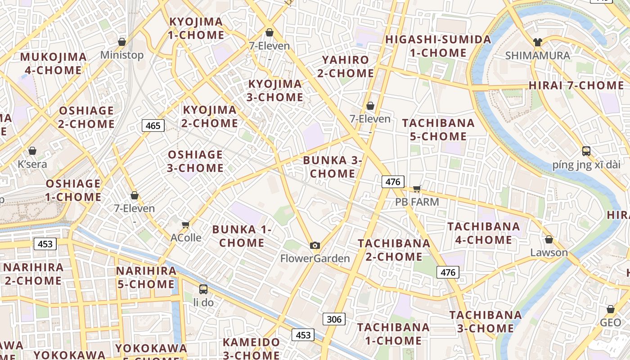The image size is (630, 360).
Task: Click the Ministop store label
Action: (x=122, y=55)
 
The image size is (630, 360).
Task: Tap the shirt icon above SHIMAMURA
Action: (x=537, y=42)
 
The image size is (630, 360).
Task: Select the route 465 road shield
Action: (x=153, y=126)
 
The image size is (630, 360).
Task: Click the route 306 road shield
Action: (x=333, y=319)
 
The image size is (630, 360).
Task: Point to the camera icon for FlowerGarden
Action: (x=315, y=245)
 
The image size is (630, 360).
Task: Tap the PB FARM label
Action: (x=417, y=202)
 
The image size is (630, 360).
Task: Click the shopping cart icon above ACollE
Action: (x=185, y=225)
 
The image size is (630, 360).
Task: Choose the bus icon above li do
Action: (x=203, y=289)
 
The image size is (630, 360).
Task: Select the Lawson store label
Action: (x=549, y=252)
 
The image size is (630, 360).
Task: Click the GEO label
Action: (x=610, y=322)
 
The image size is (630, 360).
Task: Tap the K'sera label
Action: (x=32, y=164)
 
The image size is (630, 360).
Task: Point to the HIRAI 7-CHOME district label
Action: (x=576, y=85)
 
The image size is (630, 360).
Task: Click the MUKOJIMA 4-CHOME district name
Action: (x=53, y=63)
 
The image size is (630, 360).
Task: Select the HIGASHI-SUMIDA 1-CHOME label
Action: (x=438, y=46)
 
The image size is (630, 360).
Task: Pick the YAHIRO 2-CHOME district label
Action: (x=346, y=66)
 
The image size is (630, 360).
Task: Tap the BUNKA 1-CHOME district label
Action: (x=242, y=236)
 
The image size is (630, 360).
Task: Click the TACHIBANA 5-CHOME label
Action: (x=438, y=130)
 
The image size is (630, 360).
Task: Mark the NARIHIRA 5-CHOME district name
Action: (x=146, y=277)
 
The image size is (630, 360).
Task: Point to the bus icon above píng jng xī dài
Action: (x=586, y=151)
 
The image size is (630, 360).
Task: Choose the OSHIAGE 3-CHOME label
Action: (x=195, y=161)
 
